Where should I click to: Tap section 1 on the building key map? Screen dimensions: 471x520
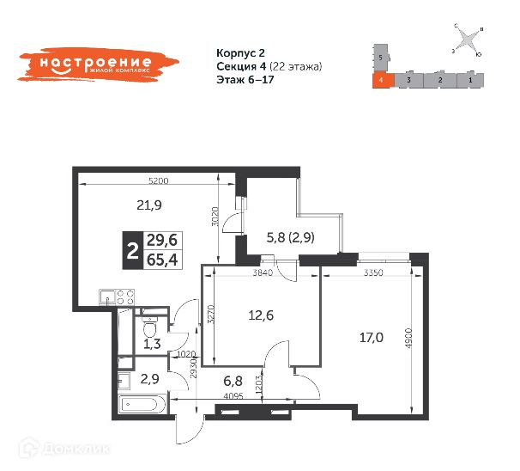point(470,80)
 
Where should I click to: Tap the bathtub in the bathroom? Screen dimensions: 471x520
point(142,402)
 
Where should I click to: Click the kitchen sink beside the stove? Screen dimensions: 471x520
point(106,296)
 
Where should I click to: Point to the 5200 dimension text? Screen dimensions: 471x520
point(158,181)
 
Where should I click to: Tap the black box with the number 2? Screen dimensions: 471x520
point(132,250)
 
